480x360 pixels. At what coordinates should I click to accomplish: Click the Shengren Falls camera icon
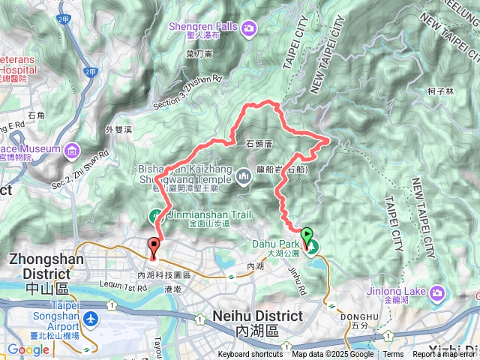[247, 29]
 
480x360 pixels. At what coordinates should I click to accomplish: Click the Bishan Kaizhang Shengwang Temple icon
[243, 178]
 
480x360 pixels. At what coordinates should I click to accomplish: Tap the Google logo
[28, 349]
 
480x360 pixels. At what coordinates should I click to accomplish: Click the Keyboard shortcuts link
[250, 355]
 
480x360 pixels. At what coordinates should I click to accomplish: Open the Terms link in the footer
[393, 355]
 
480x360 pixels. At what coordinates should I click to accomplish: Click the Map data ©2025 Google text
[332, 355]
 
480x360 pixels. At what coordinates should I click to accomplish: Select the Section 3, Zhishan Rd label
[187, 91]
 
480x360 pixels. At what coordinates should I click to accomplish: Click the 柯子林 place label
[440, 91]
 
